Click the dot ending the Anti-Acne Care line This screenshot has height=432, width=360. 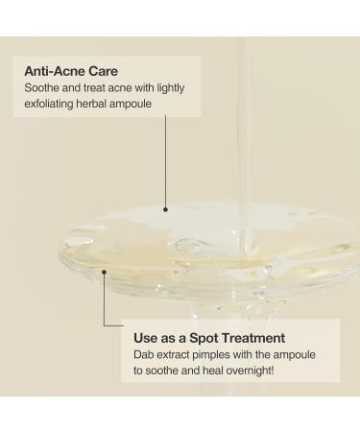pyautogui.click(x=165, y=208)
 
